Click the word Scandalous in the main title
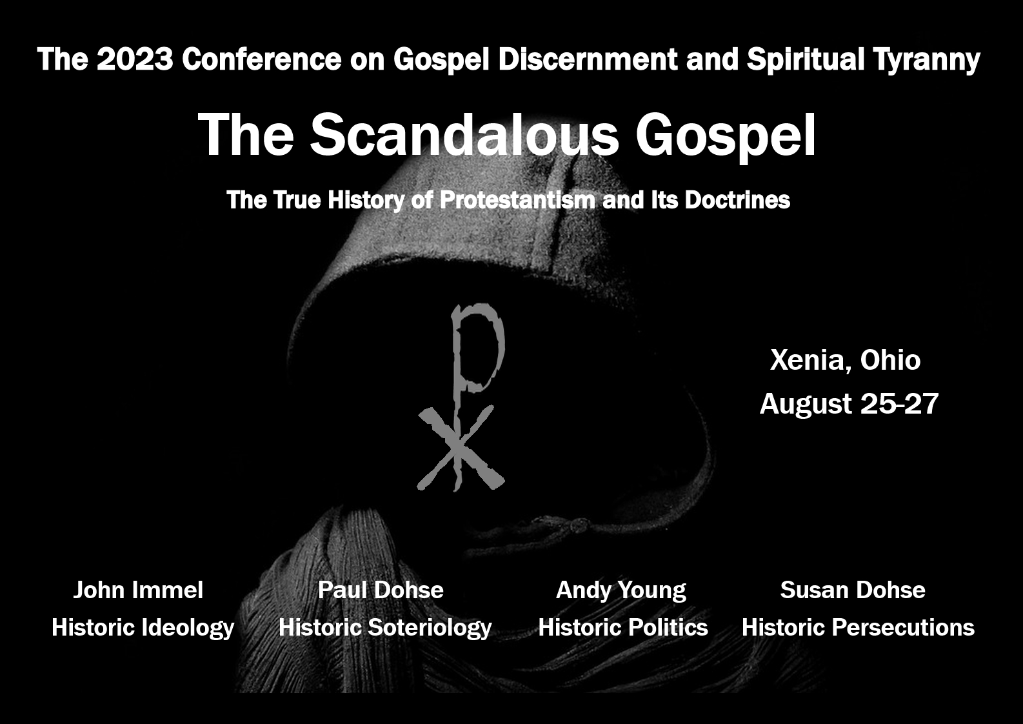[464, 135]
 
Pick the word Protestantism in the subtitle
[517, 199]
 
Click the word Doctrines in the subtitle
[737, 199]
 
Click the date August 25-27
[849, 404]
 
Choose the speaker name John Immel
[139, 590]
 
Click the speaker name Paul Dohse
[381, 590]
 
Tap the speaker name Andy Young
[621, 590]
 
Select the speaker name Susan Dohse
[853, 590]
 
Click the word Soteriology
[430, 628]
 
